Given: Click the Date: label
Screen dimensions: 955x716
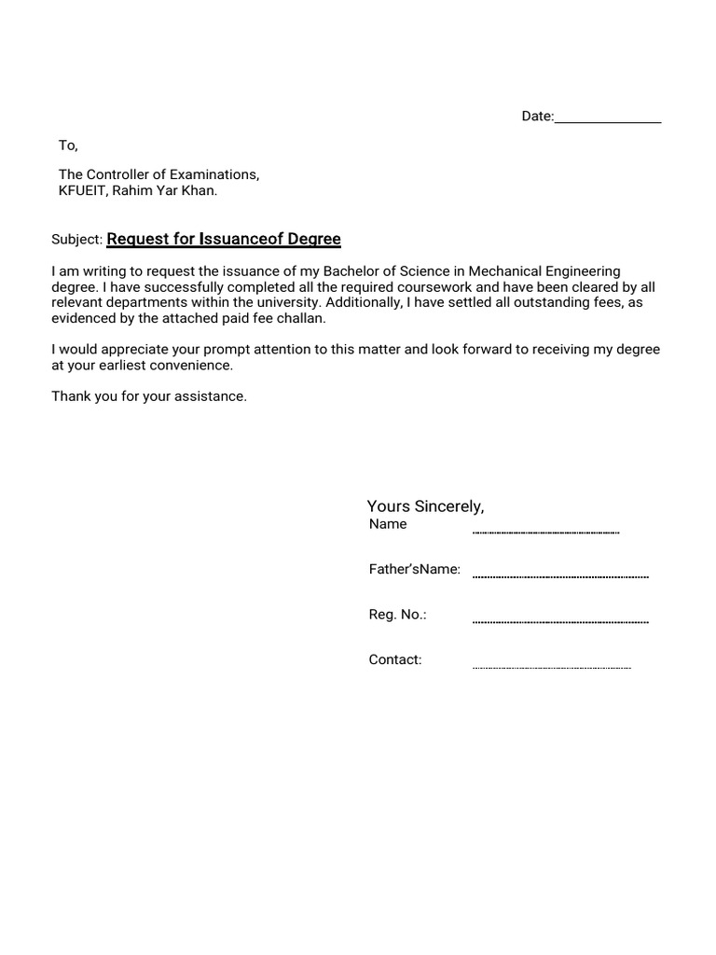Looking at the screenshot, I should pyautogui.click(x=537, y=116).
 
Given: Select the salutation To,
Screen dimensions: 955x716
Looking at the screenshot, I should pyautogui.click(x=68, y=145).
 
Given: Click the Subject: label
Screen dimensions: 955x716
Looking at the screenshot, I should pyautogui.click(x=76, y=240).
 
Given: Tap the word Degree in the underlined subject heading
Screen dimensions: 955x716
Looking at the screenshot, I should pyautogui.click(x=314, y=239).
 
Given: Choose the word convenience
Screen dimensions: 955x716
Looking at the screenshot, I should pyautogui.click(x=189, y=366).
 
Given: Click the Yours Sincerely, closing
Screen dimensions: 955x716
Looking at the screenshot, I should pyautogui.click(x=425, y=506).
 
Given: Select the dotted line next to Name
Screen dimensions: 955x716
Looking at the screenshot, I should pyautogui.click(x=545, y=532).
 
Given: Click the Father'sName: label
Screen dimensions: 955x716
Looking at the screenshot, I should pyautogui.click(x=415, y=569).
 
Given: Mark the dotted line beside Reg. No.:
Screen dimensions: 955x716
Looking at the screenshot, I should pyautogui.click(x=560, y=621).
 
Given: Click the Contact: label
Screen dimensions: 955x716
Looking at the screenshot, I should pyautogui.click(x=395, y=659).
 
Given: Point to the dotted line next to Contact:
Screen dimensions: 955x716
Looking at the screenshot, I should pyautogui.click(x=552, y=668).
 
